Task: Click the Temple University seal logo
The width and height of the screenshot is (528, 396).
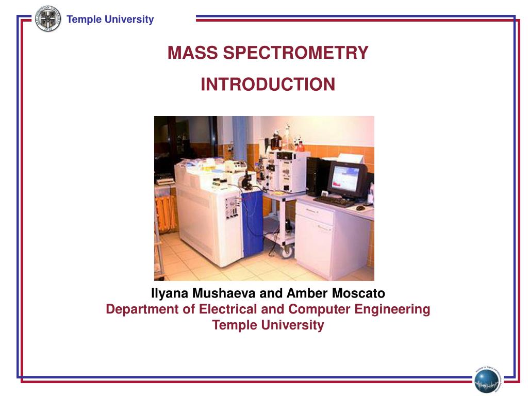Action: pos(48,19)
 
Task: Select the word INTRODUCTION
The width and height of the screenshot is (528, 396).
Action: pos(268,85)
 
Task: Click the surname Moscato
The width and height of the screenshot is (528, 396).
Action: pos(358,294)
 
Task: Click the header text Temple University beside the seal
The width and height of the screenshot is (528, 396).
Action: pos(110,20)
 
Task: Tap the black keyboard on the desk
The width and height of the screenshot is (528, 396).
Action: pos(333,201)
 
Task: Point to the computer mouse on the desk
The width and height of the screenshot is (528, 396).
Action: pos(360,208)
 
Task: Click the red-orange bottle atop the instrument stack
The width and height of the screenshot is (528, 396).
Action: pos(300,146)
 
